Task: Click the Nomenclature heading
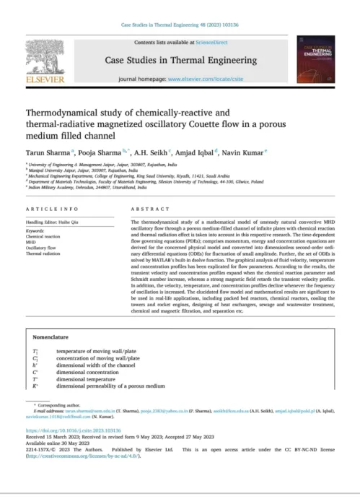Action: [56, 338]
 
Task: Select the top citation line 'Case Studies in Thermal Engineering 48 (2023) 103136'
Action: [179, 24]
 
